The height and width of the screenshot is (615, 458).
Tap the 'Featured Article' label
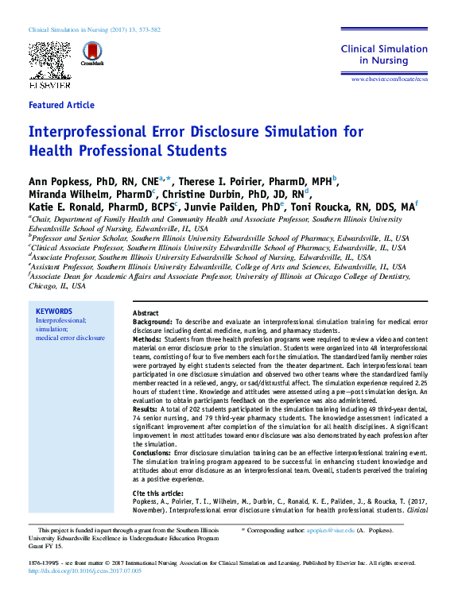tap(61, 105)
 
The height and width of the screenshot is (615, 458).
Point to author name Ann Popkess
tap(65, 182)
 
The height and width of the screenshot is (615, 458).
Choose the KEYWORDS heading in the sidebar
tap(54, 311)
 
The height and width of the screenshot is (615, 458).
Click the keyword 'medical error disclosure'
tap(70, 338)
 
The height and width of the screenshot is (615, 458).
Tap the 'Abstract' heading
tap(146, 314)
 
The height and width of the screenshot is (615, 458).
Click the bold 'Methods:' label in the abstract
tap(147, 339)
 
